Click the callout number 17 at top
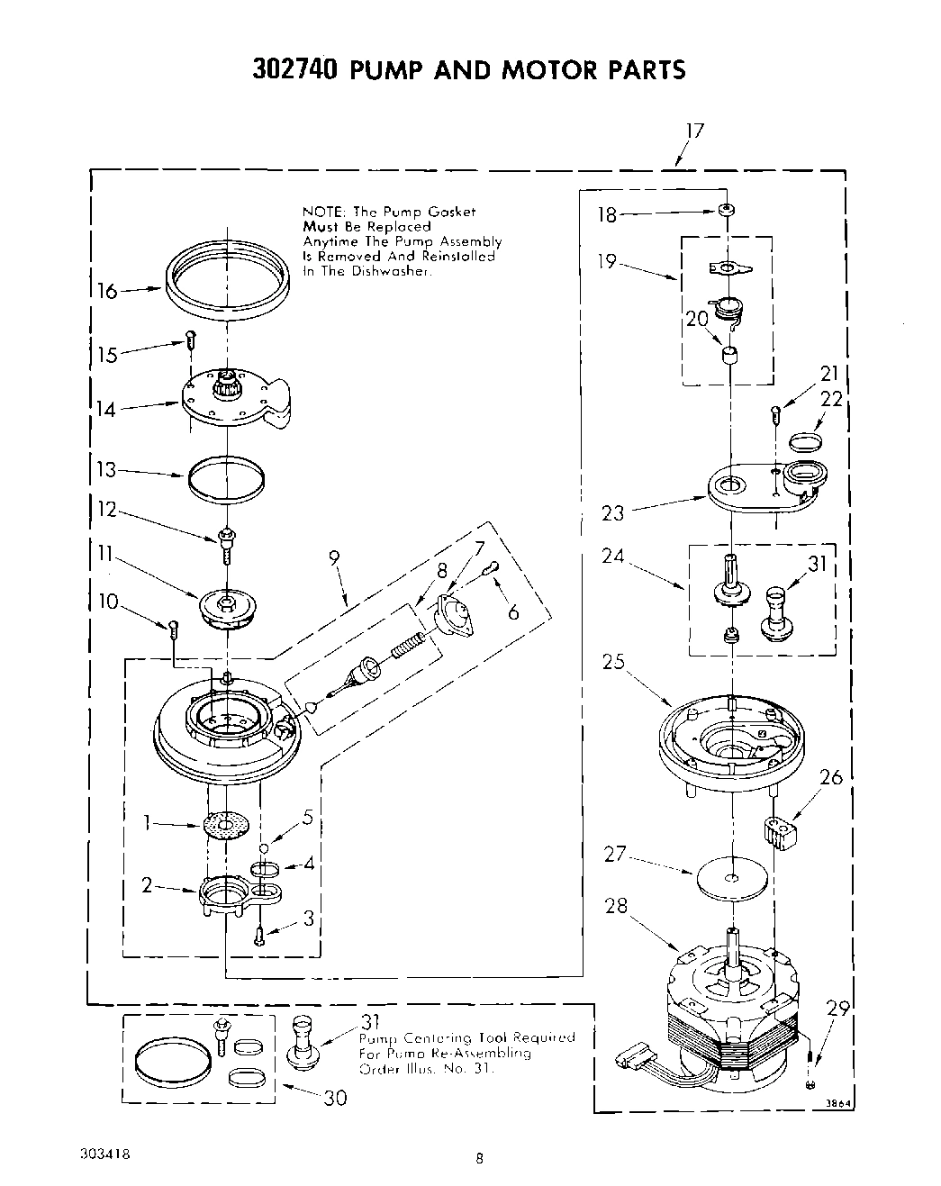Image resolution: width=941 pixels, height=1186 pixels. (x=693, y=131)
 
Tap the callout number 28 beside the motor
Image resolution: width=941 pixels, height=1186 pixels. (x=616, y=906)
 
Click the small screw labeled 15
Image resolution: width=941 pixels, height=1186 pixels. (x=190, y=340)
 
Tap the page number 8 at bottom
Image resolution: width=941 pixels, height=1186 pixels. (x=480, y=1160)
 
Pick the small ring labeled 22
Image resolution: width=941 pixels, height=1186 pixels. (x=805, y=440)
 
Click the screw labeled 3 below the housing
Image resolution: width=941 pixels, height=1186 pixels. (x=259, y=936)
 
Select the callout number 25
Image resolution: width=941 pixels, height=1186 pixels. (x=614, y=664)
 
